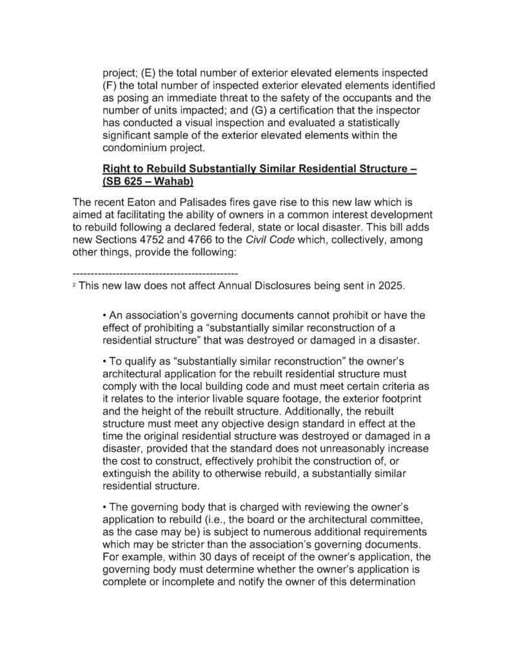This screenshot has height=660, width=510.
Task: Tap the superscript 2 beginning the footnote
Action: coord(74,284)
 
